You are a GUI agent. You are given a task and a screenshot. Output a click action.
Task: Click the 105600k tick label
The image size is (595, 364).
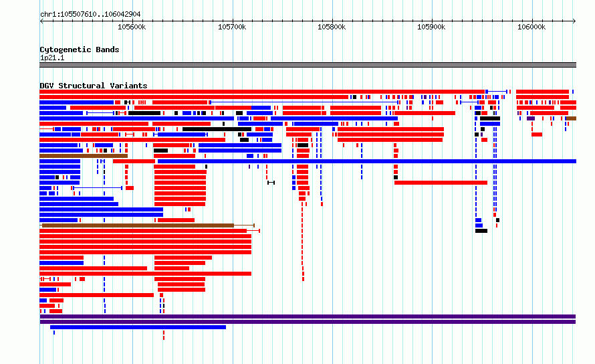coord(132,27)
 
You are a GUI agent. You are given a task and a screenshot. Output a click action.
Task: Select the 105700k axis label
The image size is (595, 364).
coord(232,27)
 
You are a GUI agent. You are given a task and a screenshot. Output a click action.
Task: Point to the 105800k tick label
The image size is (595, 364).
coord(332,27)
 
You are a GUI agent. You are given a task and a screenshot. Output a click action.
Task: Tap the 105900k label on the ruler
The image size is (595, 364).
coord(431,27)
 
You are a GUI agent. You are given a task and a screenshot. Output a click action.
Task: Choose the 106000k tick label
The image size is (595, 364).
coord(531,27)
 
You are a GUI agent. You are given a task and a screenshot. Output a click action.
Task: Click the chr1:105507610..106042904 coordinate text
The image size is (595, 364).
coord(90,15)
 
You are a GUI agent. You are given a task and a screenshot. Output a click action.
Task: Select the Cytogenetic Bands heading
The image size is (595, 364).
coord(80,50)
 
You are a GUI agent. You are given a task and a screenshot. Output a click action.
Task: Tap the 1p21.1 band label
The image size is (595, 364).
coord(52,58)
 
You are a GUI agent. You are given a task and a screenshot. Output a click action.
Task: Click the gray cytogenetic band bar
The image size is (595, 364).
coord(308,65)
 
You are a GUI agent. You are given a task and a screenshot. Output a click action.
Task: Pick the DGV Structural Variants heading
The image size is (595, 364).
coord(94,86)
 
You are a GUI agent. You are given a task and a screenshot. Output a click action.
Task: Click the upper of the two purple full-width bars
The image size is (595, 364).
coord(308,316)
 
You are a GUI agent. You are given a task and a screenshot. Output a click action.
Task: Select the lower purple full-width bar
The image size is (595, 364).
coord(308,322)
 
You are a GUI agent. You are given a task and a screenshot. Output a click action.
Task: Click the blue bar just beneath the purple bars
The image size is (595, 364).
coord(138,327)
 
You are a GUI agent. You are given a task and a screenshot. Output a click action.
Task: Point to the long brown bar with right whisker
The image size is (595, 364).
coord(138,225)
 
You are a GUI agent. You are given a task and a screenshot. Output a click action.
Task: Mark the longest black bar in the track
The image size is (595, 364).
coord(217,129)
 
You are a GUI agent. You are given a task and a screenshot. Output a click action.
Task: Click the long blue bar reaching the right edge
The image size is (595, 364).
coord(367,161)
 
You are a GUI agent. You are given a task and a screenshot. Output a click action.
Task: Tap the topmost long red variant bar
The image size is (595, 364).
coord(262,92)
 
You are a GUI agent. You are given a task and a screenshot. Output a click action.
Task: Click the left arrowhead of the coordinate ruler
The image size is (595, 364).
coord(41,21)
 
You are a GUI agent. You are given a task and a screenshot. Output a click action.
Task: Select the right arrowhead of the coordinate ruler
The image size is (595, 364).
coord(574,21)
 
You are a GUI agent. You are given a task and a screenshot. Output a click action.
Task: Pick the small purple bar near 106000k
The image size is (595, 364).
coord(531,118)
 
